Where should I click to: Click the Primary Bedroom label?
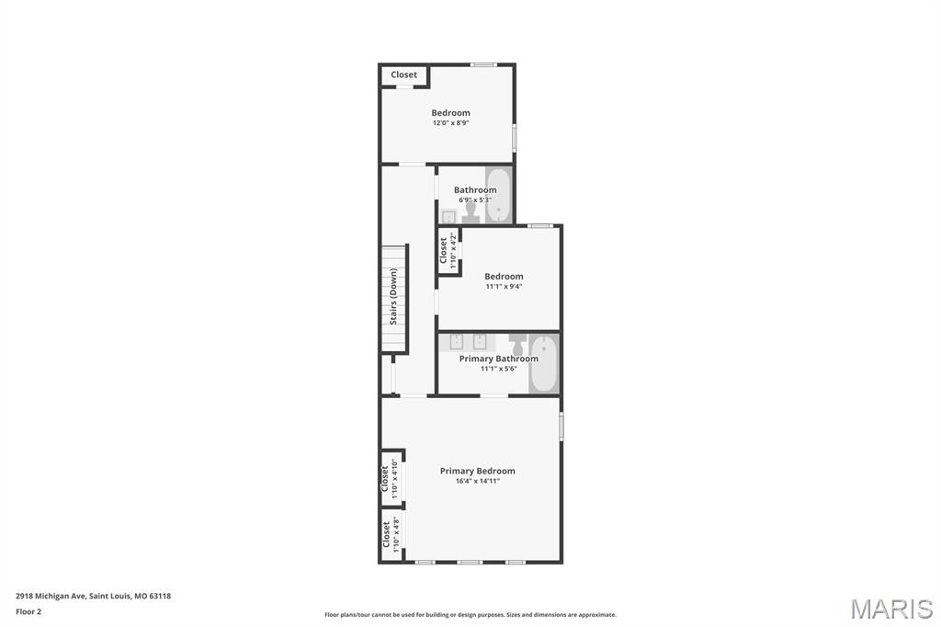tap(477, 471)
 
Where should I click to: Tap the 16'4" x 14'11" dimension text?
tap(477, 481)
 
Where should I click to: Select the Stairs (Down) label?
tap(393, 297)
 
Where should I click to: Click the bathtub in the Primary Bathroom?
tap(544, 364)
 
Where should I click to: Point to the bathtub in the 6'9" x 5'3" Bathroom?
tap(499, 196)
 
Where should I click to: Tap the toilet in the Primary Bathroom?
tap(518, 345)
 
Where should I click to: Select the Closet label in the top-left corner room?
tap(403, 75)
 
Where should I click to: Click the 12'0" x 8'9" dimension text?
tap(450, 123)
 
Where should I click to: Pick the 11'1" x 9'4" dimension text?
tap(504, 287)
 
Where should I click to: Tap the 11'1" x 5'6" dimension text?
tap(499, 369)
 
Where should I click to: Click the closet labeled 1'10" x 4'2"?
tap(448, 250)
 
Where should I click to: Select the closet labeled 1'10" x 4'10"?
tap(391, 479)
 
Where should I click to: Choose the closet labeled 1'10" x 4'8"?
tap(391, 535)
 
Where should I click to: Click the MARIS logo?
tap(891, 609)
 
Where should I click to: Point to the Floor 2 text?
tap(28, 612)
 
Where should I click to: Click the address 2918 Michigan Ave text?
tap(51, 597)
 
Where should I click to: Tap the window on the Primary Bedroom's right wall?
tap(561, 426)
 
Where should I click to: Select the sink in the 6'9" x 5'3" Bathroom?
tap(448, 216)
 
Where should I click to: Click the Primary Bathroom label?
tap(499, 359)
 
